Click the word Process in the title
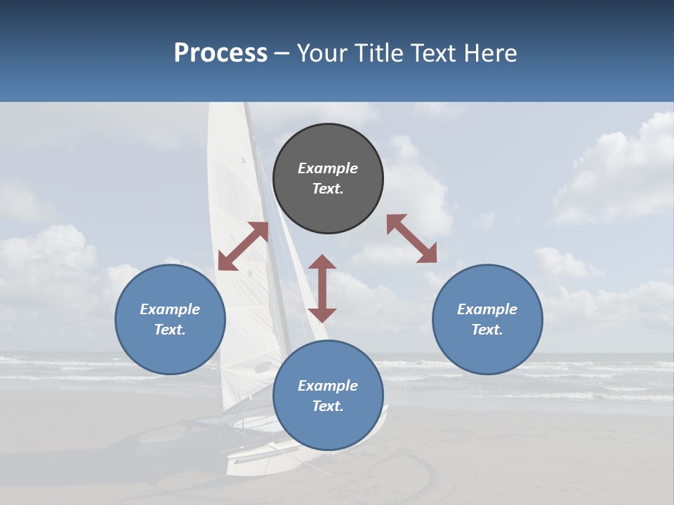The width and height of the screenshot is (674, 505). [x=220, y=53]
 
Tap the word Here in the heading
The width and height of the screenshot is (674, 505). [x=489, y=53]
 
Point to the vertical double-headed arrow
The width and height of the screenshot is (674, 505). [x=322, y=288]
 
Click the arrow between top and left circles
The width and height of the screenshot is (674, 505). [x=243, y=246]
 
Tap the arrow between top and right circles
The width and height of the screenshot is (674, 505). [x=411, y=238]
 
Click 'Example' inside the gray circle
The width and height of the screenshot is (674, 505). [x=328, y=168]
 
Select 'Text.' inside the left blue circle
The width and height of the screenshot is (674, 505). [x=170, y=330]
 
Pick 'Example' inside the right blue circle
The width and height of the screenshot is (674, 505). [x=487, y=309]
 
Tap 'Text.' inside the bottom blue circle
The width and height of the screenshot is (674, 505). [x=328, y=406]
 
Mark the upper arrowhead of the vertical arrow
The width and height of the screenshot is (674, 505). [x=322, y=262]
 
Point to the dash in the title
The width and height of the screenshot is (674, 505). [x=282, y=53]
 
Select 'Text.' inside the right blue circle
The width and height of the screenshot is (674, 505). [x=487, y=330]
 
